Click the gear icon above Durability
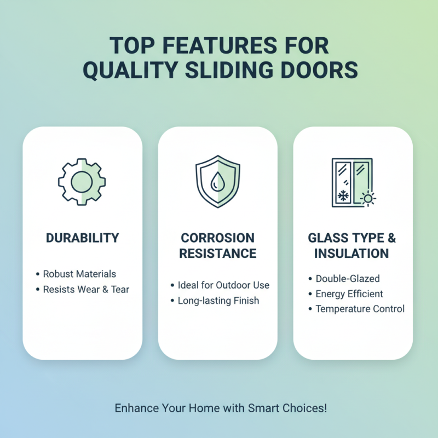tap(82, 181)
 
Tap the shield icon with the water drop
tap(217, 181)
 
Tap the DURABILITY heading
tap(82, 238)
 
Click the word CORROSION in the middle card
tap(217, 238)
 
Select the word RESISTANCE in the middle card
tap(217, 253)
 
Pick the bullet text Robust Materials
tap(79, 274)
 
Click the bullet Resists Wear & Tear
tap(86, 289)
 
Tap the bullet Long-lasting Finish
tap(218, 301)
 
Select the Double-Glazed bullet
tap(348, 279)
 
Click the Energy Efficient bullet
tap(349, 294)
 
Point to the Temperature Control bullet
tap(360, 309)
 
